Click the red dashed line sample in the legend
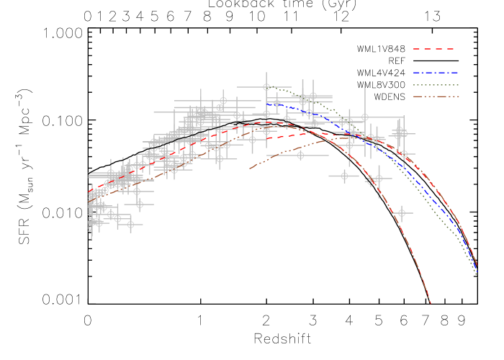tap(433, 49)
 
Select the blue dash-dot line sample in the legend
tap(436, 73)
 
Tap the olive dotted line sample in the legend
tap(436, 85)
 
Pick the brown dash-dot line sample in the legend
tap(436, 96)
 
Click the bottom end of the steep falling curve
tap(431, 303)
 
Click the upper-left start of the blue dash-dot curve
tap(266, 104)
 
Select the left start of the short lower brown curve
tap(250, 169)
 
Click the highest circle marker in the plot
tap(266, 87)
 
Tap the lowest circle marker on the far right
tap(402, 213)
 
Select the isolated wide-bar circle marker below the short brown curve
tap(300, 155)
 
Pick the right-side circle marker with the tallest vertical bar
tap(364, 117)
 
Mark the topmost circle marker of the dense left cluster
tap(223, 101)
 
